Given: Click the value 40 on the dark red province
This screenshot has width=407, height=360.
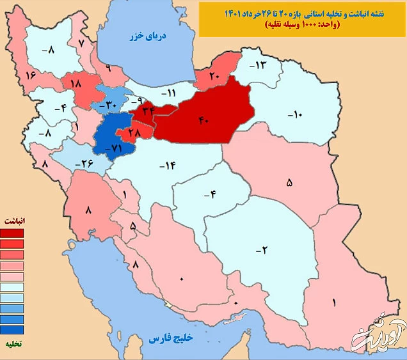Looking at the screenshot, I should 204,121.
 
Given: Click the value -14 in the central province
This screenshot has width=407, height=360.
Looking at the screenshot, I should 168,166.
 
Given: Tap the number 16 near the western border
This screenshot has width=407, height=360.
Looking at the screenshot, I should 30,75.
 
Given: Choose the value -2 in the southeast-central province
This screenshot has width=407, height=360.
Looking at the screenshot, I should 261,250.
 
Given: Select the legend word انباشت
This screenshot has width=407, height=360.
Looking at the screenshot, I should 13,220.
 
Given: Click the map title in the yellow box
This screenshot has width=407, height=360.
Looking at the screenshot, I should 301,19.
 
